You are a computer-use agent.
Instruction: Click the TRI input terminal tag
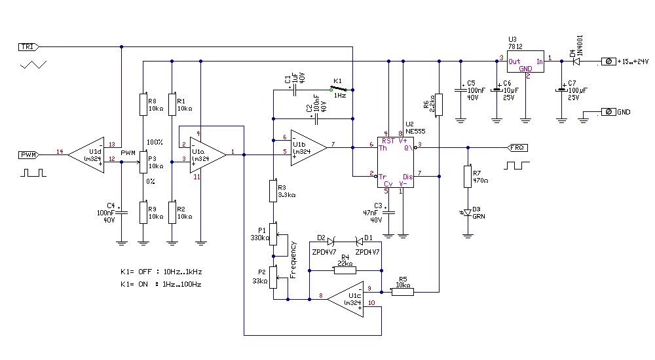pyautogui.click(x=28, y=46)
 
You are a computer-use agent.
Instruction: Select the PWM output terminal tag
pyautogui.click(x=28, y=154)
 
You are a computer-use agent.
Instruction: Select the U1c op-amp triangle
pyautogui.click(x=347, y=300)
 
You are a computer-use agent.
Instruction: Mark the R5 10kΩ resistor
pyautogui.click(x=403, y=291)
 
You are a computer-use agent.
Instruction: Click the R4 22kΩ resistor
pyautogui.click(x=346, y=269)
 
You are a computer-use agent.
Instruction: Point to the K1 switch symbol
pyautogui.click(x=340, y=88)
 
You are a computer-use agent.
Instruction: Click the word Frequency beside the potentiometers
pyautogui.click(x=293, y=259)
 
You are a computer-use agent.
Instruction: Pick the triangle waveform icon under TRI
pyautogui.click(x=34, y=64)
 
